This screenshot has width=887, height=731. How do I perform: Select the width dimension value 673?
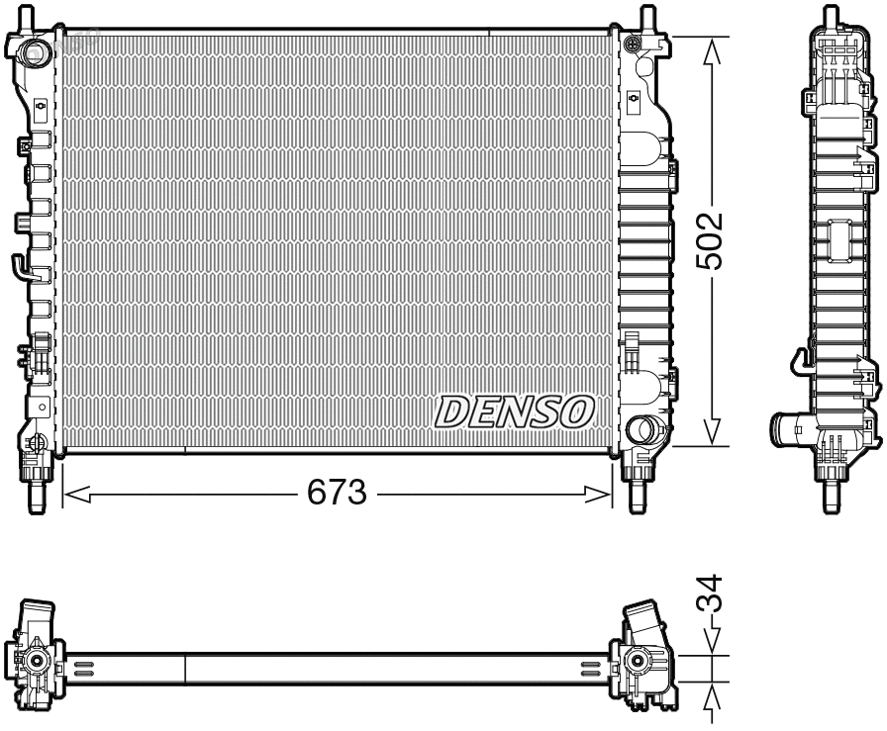(337, 493)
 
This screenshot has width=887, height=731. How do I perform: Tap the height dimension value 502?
(711, 239)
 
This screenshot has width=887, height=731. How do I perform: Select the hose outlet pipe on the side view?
(792, 431)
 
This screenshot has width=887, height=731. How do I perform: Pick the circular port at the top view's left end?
(37, 661)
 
